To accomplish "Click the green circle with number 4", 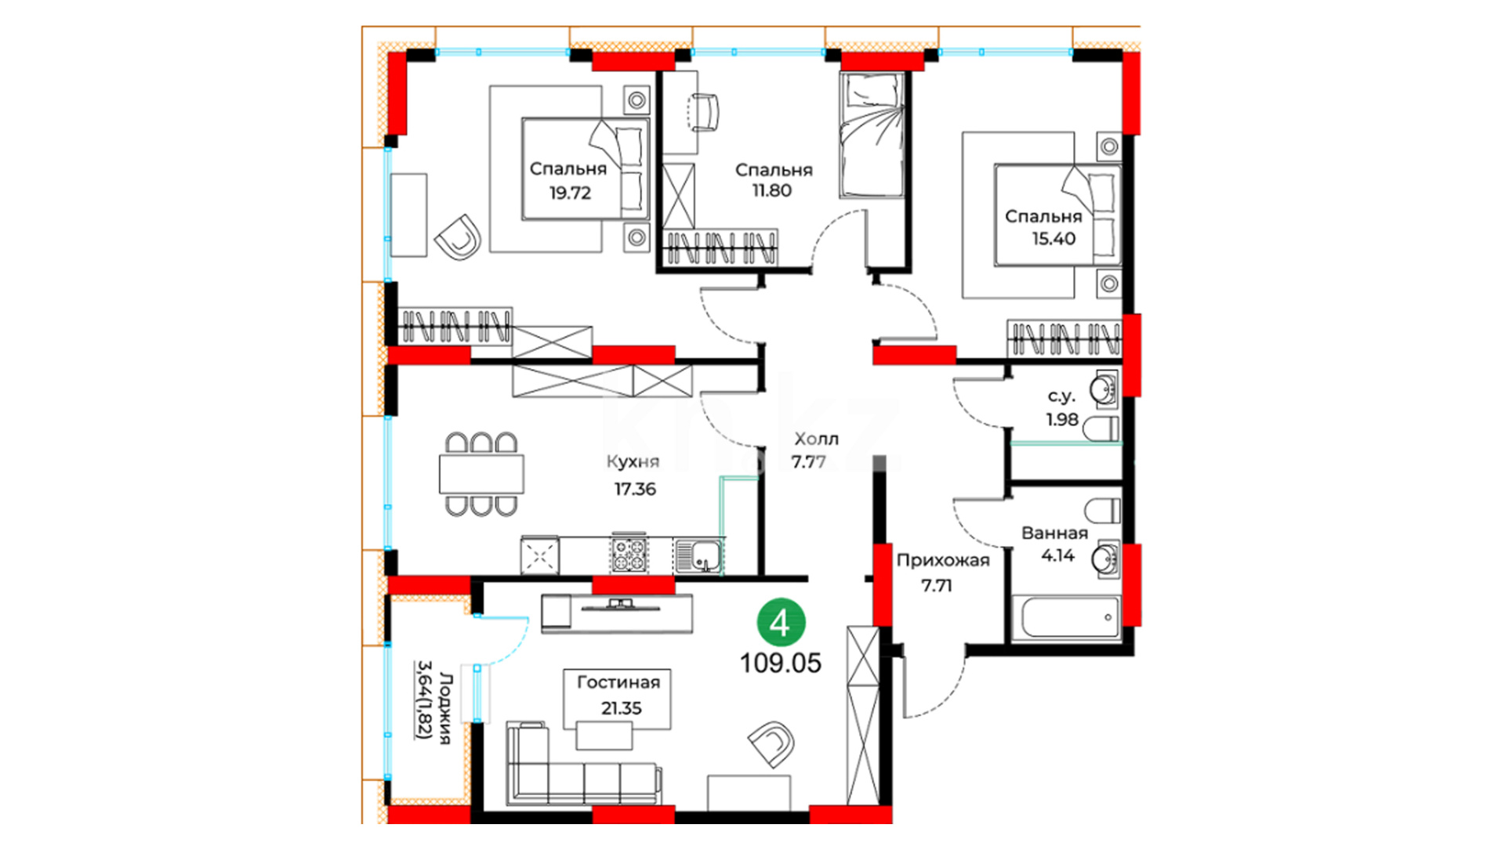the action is [x=781, y=624].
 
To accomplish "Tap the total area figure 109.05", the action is [x=781, y=663].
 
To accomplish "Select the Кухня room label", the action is [x=633, y=461].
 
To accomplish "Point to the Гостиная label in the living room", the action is [x=618, y=682].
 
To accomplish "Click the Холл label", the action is [x=816, y=439].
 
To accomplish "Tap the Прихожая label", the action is [x=943, y=561].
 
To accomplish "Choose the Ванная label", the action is [x=1054, y=533].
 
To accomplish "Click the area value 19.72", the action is [x=570, y=193].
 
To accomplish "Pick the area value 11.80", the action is [x=772, y=190].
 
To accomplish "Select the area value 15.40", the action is [x=1053, y=239].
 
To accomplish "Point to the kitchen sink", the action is [x=699, y=555].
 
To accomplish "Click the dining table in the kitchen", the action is [x=481, y=474].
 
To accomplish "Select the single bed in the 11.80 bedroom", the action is [x=872, y=134].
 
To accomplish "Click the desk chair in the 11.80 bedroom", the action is [x=704, y=113].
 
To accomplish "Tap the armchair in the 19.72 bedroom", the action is [x=458, y=237].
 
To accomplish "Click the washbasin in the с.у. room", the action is [x=1105, y=389].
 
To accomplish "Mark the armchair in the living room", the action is [x=771, y=743].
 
